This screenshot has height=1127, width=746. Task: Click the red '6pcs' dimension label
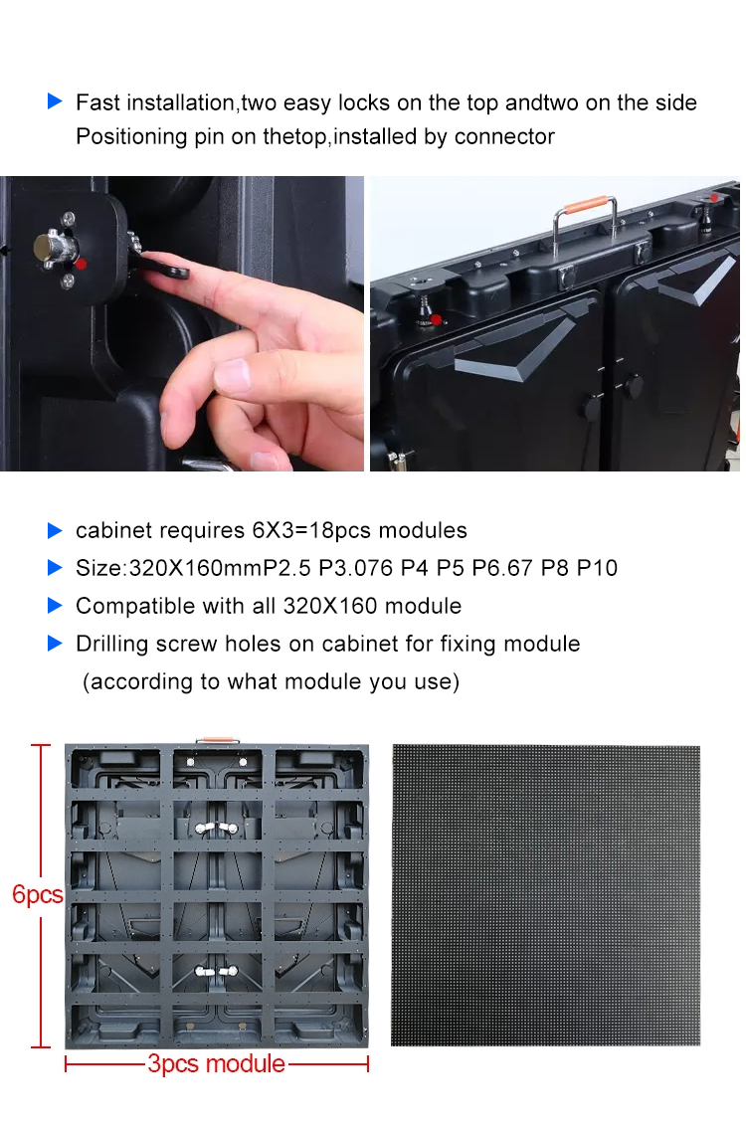pyautogui.click(x=38, y=895)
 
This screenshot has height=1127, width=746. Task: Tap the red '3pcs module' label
pyautogui.click(x=216, y=1063)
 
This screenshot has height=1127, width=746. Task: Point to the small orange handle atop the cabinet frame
pyautogui.click(x=218, y=740)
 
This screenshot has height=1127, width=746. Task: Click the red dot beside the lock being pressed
pyautogui.click(x=82, y=264)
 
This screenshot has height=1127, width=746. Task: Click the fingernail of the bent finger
pyautogui.click(x=232, y=375)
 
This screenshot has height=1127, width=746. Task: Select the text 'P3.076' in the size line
pyautogui.click(x=356, y=569)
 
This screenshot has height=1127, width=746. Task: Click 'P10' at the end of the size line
pyautogui.click(x=597, y=569)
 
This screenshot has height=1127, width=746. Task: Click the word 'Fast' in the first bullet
pyautogui.click(x=97, y=102)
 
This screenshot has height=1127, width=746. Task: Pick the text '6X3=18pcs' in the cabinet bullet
pyautogui.click(x=311, y=530)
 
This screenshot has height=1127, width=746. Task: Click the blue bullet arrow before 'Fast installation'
pyautogui.click(x=56, y=101)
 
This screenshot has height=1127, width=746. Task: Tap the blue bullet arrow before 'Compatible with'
pyautogui.click(x=56, y=605)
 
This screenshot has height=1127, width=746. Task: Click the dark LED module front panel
pyautogui.click(x=545, y=895)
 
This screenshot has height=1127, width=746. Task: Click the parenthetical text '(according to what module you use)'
pyautogui.click(x=271, y=681)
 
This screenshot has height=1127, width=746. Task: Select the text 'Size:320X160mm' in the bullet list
pyautogui.click(x=169, y=569)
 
